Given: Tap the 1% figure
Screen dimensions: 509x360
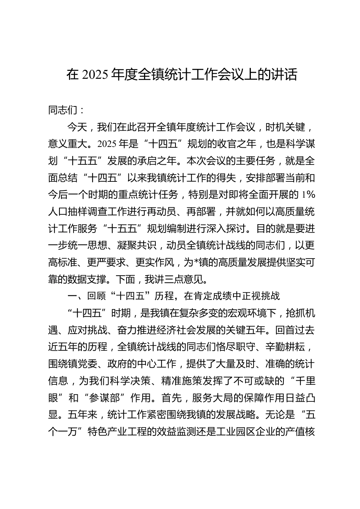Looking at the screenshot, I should point(308,195).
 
